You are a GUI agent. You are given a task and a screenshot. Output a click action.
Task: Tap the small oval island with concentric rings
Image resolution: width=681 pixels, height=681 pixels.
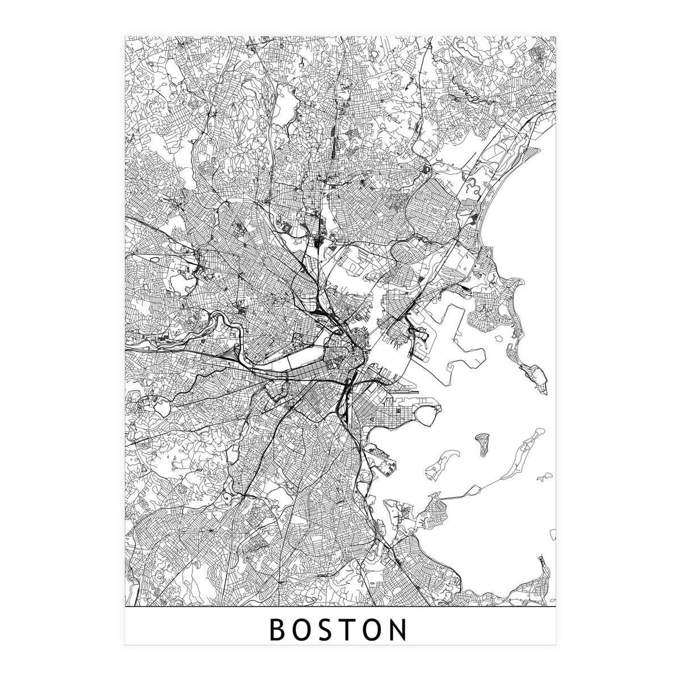tap(482, 440)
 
